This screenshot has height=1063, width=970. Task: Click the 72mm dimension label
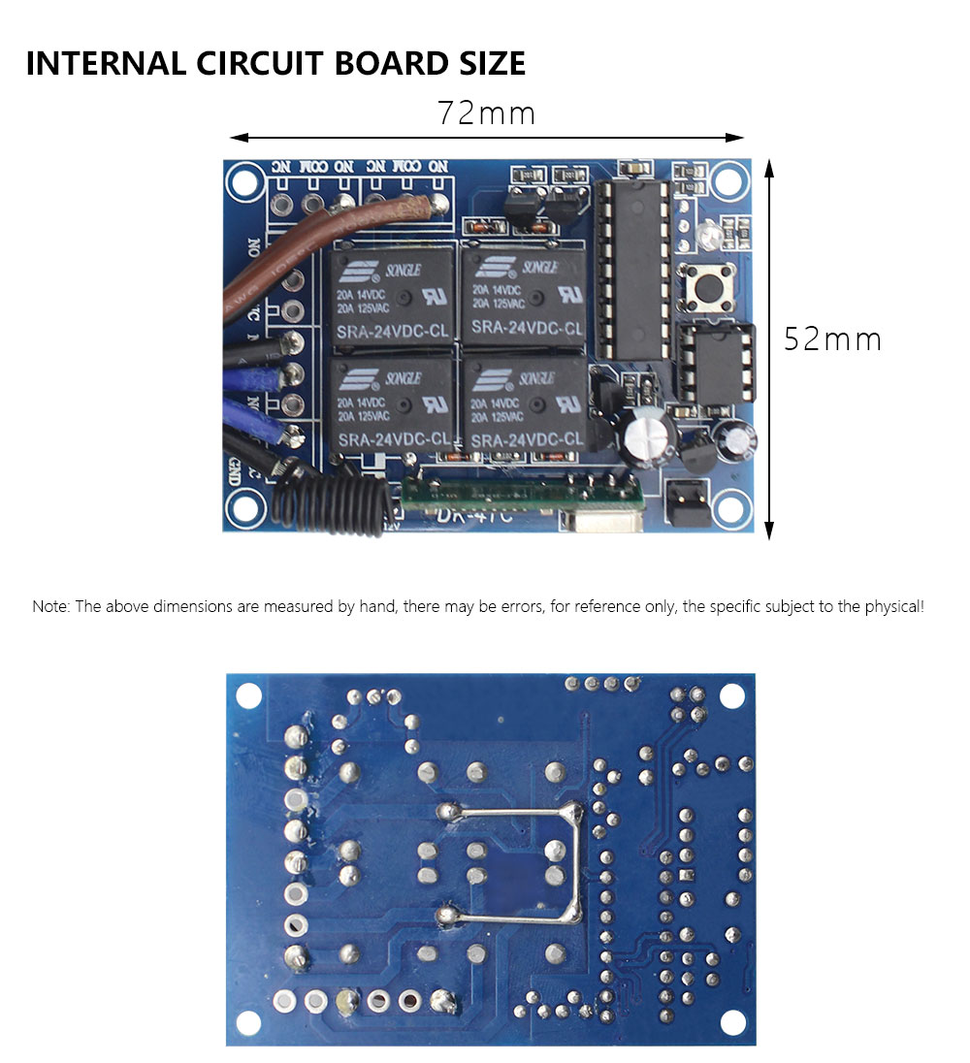tap(486, 113)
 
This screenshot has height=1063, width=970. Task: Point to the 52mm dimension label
tap(832, 339)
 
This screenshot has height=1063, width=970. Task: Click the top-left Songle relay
tap(392, 297)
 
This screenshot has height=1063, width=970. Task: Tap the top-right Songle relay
tap(526, 295)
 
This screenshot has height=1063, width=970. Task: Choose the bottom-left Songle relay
tap(392, 407)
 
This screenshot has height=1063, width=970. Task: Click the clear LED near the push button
tap(705, 235)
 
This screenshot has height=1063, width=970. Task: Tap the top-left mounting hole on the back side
tap(249, 694)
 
